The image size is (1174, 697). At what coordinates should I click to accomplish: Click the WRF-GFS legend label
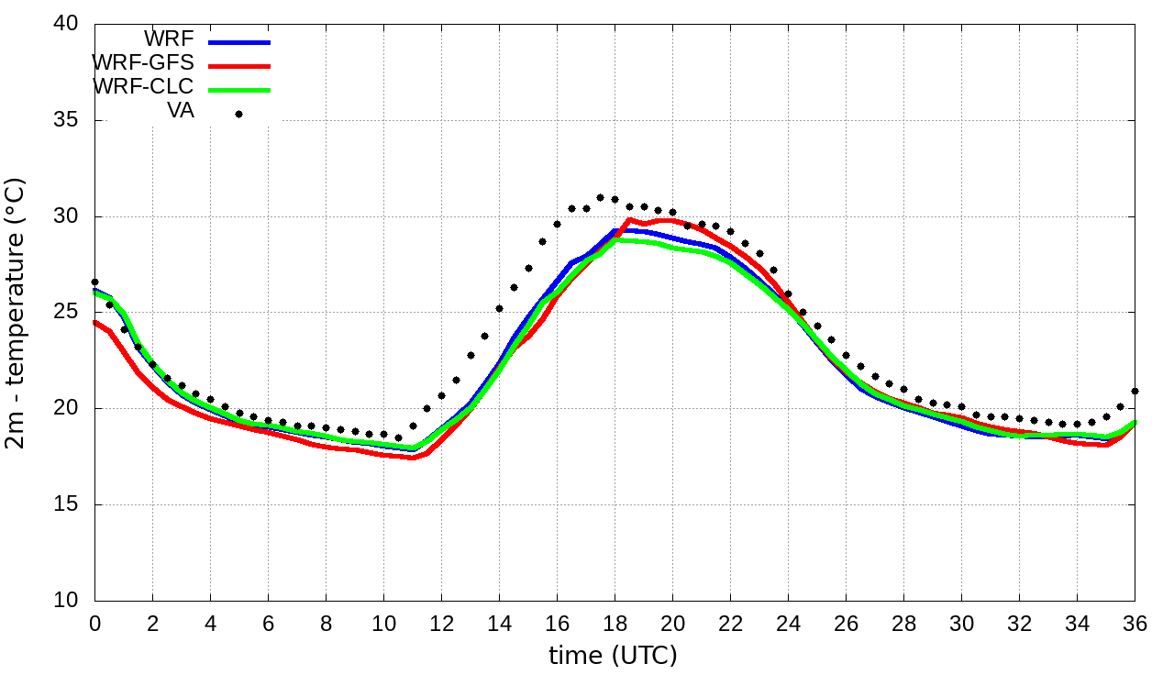tap(143, 63)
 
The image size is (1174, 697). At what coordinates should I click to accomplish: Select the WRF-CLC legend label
tap(143, 87)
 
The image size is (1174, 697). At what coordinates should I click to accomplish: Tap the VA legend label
tap(180, 111)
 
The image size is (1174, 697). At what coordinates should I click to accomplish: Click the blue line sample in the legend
tap(239, 42)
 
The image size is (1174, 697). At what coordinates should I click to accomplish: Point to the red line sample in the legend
tap(239, 66)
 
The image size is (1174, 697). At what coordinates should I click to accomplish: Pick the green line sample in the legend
tap(239, 90)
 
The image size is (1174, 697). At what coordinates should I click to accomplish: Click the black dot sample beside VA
tap(239, 114)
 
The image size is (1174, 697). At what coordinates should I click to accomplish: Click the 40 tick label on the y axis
tap(66, 25)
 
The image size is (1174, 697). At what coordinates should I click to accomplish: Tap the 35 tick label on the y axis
tap(66, 121)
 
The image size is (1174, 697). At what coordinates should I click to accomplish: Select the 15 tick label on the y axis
tap(66, 505)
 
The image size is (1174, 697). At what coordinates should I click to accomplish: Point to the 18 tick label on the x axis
tap(615, 624)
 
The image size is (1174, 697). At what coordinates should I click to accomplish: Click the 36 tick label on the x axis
tap(1135, 624)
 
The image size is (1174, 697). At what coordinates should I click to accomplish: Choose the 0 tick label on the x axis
tap(94, 624)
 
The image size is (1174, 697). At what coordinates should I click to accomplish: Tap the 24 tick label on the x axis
tap(788, 624)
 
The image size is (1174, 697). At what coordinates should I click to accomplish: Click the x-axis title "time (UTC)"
tap(613, 656)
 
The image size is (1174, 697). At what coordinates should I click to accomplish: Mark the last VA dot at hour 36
tap(1135, 391)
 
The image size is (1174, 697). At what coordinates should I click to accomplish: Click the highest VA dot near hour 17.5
tap(600, 197)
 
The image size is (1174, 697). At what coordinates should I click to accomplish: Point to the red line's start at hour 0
tap(95, 322)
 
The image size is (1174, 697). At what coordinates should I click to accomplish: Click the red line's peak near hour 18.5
tap(629, 220)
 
